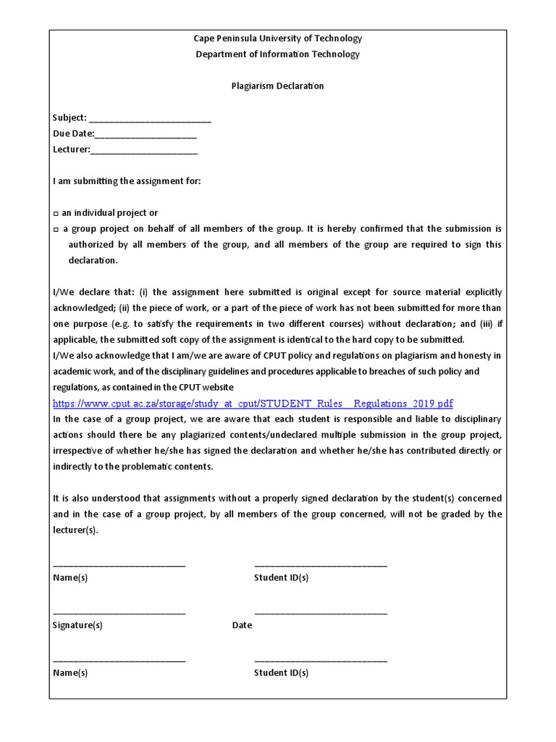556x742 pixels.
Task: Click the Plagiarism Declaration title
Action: (277, 86)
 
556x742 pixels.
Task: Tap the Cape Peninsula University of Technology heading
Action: (277, 38)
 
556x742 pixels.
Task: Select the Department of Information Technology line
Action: (277, 54)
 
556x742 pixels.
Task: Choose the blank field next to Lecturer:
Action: (144, 151)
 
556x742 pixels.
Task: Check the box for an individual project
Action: (56, 214)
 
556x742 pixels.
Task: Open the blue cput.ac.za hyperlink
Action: (253, 404)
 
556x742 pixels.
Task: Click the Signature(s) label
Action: (77, 625)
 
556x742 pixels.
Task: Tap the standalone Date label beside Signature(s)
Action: (243, 625)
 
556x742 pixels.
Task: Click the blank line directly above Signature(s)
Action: (119, 612)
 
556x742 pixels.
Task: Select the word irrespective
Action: (80, 451)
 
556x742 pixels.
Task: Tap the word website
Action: (216, 388)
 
